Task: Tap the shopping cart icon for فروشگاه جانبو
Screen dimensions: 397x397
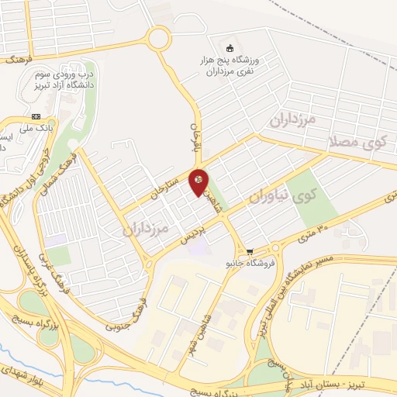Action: [250, 251]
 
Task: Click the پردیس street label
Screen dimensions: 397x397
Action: [192, 236]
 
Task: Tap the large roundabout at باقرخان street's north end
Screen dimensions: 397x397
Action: [161, 38]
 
